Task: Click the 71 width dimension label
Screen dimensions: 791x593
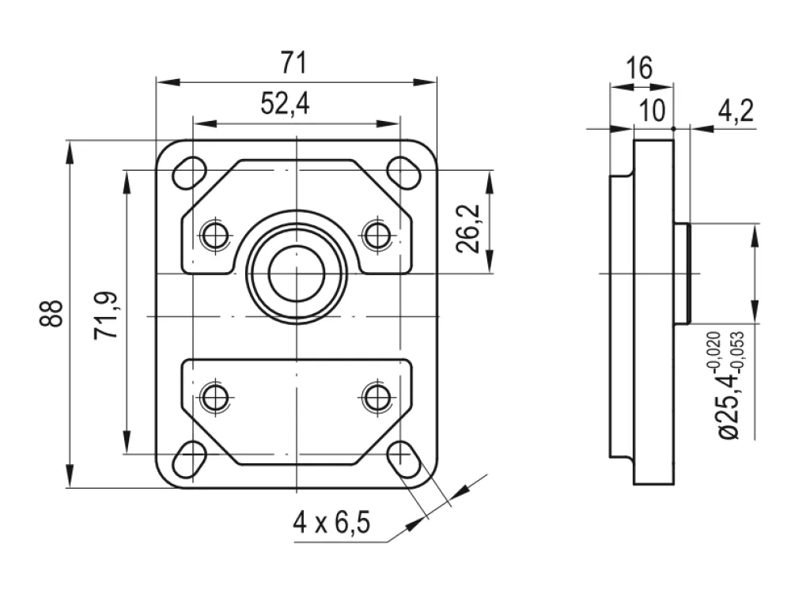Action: (293, 63)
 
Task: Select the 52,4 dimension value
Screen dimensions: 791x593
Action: (285, 104)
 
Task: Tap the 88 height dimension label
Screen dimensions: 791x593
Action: (51, 313)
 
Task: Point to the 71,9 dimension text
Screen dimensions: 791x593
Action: (106, 315)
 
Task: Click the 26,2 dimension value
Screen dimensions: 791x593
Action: (467, 229)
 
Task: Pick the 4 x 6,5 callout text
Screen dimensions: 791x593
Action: (331, 522)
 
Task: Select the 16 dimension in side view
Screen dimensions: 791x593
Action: (639, 67)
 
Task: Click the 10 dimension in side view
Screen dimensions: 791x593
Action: (653, 111)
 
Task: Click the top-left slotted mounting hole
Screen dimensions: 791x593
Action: (190, 173)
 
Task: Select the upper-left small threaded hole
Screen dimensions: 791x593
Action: (215, 234)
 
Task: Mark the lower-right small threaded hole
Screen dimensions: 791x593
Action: (377, 396)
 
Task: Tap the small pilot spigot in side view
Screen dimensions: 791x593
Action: (682, 273)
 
